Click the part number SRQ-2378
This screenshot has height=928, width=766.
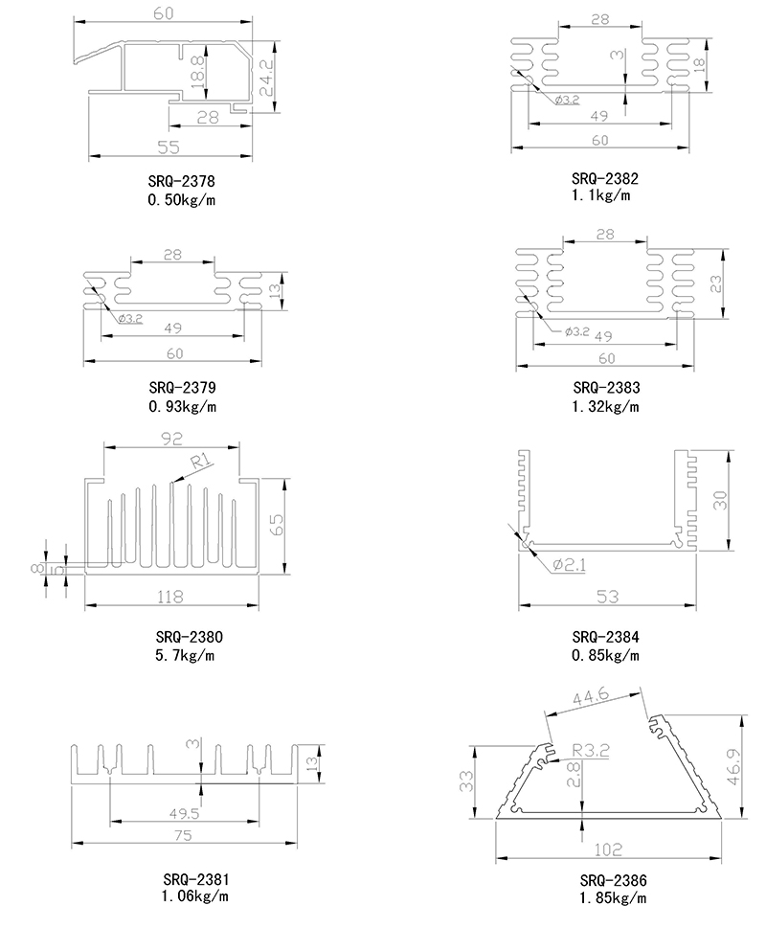point(182,180)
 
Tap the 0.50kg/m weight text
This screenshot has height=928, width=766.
point(182,199)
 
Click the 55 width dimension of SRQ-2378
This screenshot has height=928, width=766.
point(169,147)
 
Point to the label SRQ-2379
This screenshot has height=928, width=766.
point(182,388)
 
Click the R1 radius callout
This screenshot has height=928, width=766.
point(200,463)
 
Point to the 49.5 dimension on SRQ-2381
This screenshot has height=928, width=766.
point(185,814)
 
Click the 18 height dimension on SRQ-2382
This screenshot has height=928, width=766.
point(699,63)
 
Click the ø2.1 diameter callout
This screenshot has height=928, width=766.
point(570,564)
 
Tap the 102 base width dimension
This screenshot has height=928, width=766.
point(606,849)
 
